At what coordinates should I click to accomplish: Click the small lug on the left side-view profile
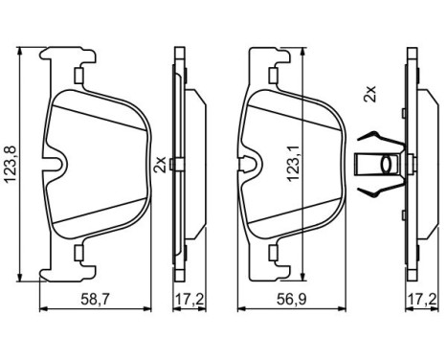(x=170, y=165)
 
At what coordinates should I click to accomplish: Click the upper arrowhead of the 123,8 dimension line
(x=20, y=52)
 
